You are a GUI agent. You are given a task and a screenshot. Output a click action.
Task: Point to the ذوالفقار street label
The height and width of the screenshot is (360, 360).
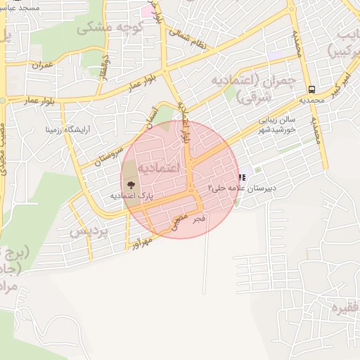click(x=105, y=66)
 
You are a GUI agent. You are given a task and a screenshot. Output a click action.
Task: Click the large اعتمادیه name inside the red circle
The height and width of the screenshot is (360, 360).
click(x=158, y=167)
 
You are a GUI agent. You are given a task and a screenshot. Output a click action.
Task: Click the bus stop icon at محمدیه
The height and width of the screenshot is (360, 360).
click(x=311, y=89)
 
